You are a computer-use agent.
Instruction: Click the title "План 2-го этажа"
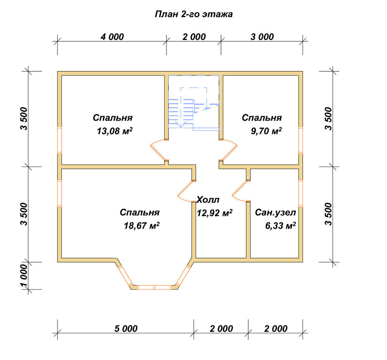pyautogui.click(x=194, y=14)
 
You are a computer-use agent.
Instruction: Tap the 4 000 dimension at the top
pyautogui.click(x=112, y=37)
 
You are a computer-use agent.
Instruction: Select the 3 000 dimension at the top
pyautogui.click(x=262, y=37)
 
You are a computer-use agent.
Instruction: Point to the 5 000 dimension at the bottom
pyautogui.click(x=126, y=329)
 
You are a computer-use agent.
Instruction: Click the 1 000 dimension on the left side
pyautogui.click(x=24, y=276)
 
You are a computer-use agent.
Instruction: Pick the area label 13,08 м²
pyautogui.click(x=115, y=130)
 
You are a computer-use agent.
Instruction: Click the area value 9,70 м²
pyautogui.click(x=266, y=130)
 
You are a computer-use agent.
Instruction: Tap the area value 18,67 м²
pyautogui.click(x=141, y=225)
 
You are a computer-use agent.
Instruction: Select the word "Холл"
pyautogui.click(x=208, y=199)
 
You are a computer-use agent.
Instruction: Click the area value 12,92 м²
pyautogui.click(x=214, y=213)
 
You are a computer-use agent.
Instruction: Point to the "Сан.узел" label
pyautogui.click(x=275, y=213)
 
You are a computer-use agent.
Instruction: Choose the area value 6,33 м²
pyautogui.click(x=281, y=225)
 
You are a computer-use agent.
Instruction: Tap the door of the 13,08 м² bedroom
pyautogui.click(x=158, y=150)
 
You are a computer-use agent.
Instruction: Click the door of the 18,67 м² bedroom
pyautogui.click(x=186, y=191)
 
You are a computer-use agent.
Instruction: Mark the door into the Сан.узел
pyautogui.click(x=240, y=191)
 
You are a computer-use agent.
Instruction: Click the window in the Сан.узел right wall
pyautogui.click(x=301, y=193)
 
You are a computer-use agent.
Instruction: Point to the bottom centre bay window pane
pyautogui.click(x=154, y=287)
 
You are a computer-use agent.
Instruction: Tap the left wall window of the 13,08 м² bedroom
pyautogui.click(x=60, y=140)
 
